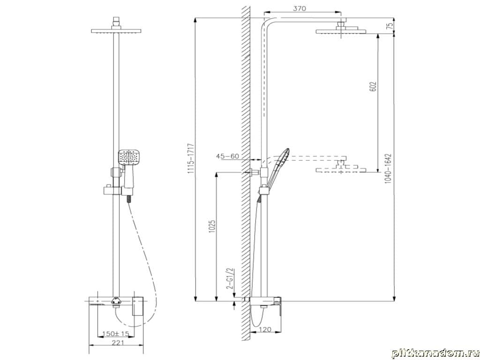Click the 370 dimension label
point(300,8)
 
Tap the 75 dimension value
point(390,26)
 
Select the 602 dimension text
point(373,87)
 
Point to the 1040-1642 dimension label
point(388,169)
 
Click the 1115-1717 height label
point(192,158)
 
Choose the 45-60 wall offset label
point(227,156)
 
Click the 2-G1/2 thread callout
point(231,278)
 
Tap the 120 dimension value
point(265,330)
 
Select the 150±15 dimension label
point(116,333)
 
